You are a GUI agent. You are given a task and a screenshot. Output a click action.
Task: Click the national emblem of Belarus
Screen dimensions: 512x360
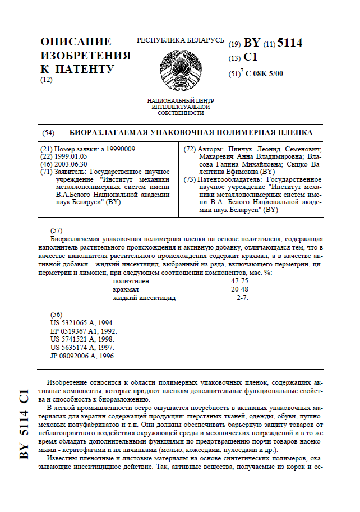click(179, 72)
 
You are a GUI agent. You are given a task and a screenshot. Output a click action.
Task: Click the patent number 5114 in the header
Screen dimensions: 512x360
click(290, 43)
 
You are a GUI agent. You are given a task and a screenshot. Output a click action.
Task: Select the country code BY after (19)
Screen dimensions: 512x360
click(252, 43)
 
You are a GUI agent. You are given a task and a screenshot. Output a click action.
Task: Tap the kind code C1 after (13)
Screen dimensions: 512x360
click(250, 58)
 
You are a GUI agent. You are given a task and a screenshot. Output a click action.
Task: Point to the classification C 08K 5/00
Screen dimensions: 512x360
click(264, 73)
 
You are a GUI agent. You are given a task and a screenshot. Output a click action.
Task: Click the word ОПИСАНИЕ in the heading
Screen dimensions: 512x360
click(76, 42)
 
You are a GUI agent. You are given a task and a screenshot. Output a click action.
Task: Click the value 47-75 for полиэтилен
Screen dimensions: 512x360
click(239, 280)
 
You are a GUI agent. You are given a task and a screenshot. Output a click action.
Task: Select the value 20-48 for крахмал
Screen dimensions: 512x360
click(239, 289)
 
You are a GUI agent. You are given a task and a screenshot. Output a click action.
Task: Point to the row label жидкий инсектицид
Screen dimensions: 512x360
click(144, 298)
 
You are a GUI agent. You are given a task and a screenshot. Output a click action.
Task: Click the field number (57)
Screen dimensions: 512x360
click(56, 230)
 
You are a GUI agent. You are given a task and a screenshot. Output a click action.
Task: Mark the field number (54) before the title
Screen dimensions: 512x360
click(48, 133)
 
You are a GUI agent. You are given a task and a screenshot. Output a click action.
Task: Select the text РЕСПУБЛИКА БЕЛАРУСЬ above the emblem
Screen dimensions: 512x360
click(181, 41)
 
